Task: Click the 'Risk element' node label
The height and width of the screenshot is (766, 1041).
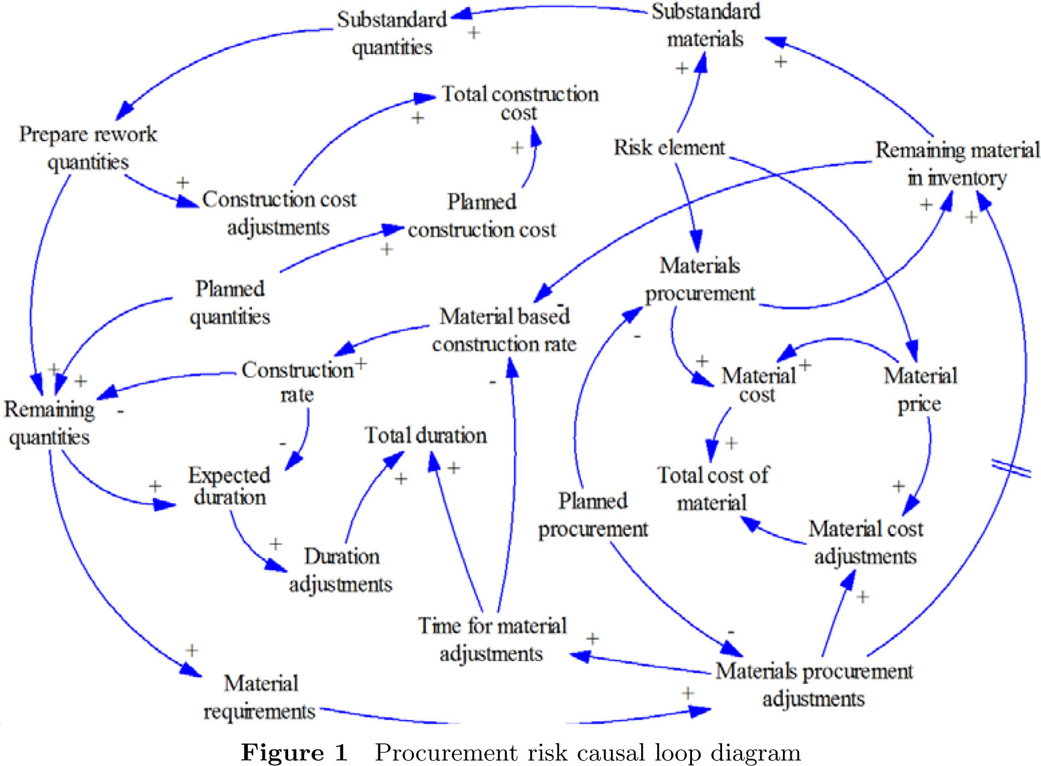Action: tap(669, 148)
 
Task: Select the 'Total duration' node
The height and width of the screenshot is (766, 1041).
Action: tap(425, 436)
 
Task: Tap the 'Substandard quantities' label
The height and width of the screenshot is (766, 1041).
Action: tap(392, 33)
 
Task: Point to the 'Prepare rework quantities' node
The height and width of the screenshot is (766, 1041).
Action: tap(88, 148)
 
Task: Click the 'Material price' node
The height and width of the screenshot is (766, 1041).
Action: tap(920, 389)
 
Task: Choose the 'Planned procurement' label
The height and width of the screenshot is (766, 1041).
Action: tap(593, 514)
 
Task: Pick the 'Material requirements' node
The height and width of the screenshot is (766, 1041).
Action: tap(260, 697)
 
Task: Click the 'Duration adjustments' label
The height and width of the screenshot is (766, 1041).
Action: tap(341, 570)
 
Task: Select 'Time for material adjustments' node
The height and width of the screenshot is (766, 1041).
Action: tap(492, 639)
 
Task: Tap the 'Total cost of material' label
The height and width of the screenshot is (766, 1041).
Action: tap(713, 489)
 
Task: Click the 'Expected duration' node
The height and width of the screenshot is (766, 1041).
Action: tap(229, 486)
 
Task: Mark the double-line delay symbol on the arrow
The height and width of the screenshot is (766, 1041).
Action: tap(1010, 468)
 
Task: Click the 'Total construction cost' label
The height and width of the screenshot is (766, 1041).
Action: tap(519, 103)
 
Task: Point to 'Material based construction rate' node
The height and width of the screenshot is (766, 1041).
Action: tap(504, 330)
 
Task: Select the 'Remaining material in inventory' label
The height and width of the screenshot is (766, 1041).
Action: tap(957, 163)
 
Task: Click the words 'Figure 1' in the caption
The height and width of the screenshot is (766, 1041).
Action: tap(294, 753)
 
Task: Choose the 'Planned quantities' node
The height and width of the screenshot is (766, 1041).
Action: tap(230, 302)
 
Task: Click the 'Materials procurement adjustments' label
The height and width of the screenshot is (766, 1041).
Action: tap(814, 685)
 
